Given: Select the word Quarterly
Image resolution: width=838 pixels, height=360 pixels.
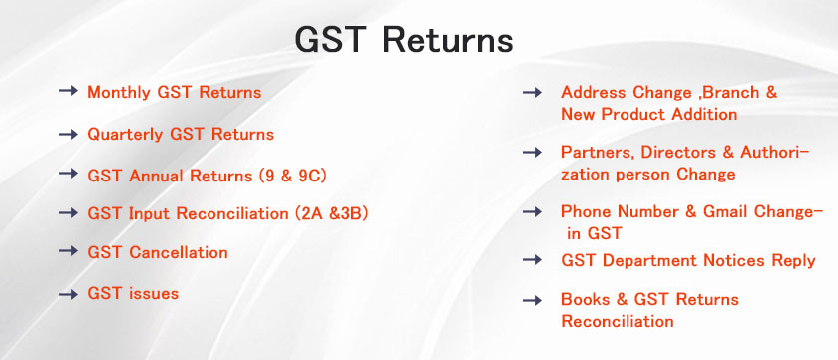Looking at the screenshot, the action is coord(125,134).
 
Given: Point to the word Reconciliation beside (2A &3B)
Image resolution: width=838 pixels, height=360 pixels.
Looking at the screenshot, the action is coord(232,214).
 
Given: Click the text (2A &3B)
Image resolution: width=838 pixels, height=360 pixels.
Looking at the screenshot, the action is coord(331,214).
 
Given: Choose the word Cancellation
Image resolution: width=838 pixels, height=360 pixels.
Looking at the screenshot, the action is coord(179,252).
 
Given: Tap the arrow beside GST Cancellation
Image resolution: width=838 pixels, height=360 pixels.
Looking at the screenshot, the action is coord(69,251).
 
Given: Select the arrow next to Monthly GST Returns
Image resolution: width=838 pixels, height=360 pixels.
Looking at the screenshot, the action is coord(69,91).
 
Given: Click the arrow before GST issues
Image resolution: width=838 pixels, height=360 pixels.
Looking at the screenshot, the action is coord(69,294).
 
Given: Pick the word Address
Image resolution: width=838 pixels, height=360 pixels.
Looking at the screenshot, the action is coord(595,93).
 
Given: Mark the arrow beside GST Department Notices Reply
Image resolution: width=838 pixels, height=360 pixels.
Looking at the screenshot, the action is coord(533,260).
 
